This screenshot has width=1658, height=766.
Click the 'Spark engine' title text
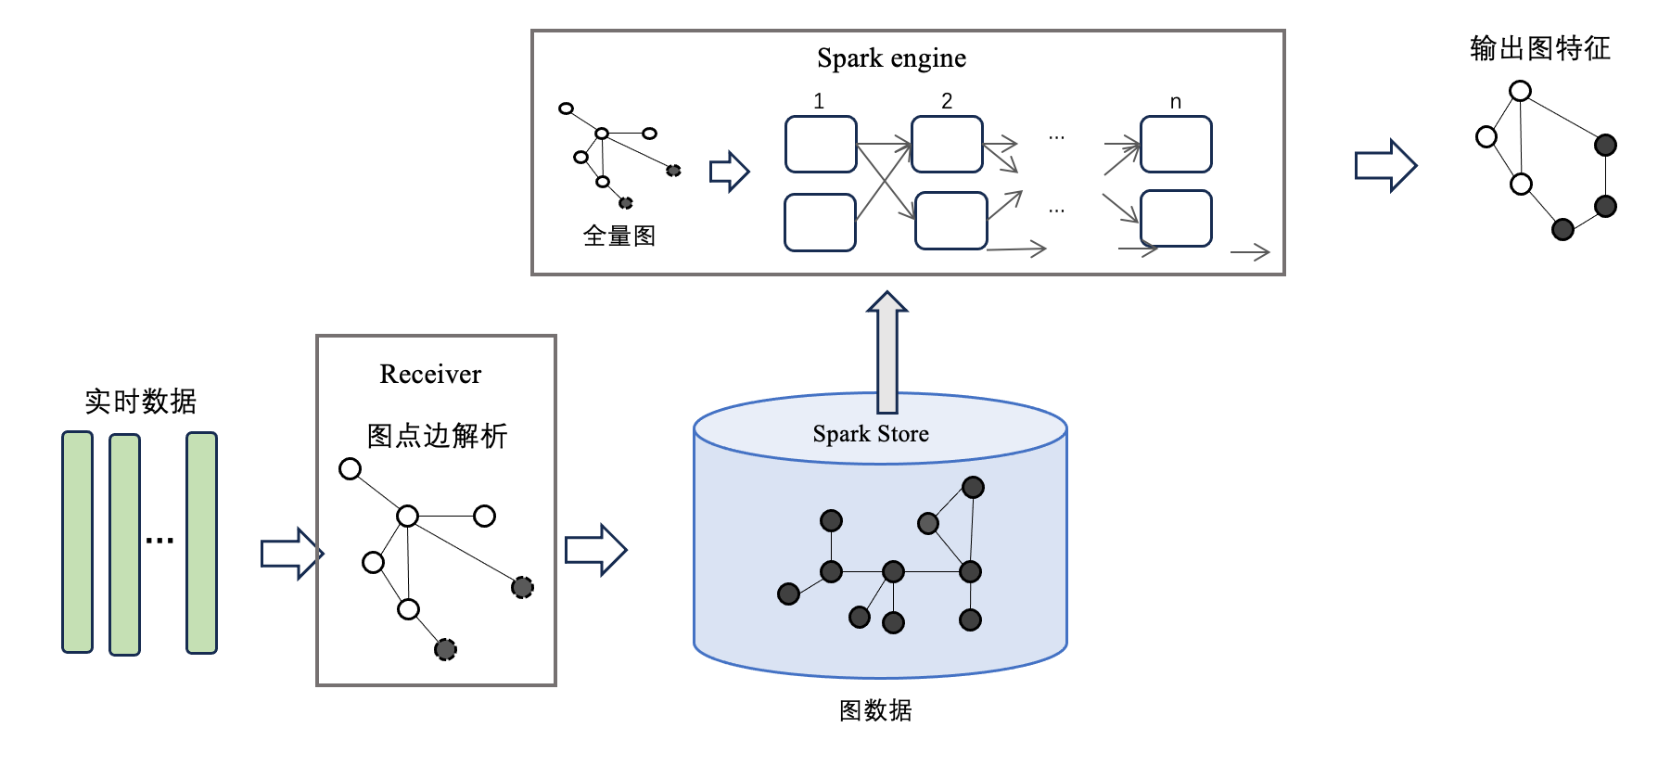tap(891, 58)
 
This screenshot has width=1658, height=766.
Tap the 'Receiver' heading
tap(430, 374)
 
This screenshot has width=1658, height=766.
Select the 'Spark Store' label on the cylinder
tap(870, 434)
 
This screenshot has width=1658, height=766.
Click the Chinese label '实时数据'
tap(141, 402)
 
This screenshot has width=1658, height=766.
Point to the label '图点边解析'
tap(437, 436)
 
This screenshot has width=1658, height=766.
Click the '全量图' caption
tap(619, 236)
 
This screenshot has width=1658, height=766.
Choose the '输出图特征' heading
tap(1539, 48)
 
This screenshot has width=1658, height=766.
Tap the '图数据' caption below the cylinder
tap(875, 710)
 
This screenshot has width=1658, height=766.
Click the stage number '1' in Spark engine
tap(819, 101)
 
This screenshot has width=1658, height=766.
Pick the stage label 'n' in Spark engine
tap(1176, 102)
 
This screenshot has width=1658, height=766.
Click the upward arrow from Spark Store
tap(887, 351)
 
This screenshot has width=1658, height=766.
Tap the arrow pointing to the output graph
tap(1385, 166)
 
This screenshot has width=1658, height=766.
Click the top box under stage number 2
tap(947, 144)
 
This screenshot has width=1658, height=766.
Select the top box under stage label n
tap(1176, 144)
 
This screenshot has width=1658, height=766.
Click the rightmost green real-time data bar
tap(201, 543)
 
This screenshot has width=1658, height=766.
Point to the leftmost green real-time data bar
tap(77, 543)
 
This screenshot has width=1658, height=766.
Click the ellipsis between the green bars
tap(159, 540)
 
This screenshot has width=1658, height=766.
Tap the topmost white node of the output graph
tap(1520, 91)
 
